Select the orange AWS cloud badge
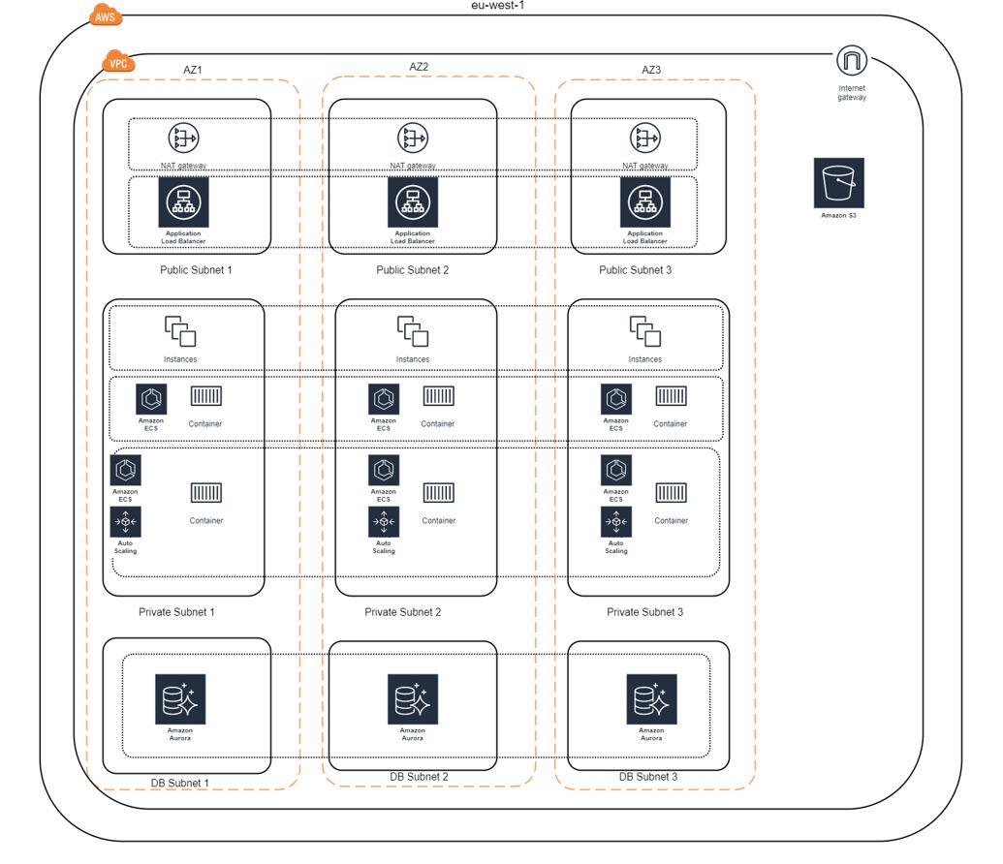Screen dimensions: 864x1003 pyautogui.click(x=106, y=16)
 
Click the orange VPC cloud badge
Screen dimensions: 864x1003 pyautogui.click(x=118, y=64)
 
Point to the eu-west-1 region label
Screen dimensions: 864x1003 pyautogui.click(x=504, y=5)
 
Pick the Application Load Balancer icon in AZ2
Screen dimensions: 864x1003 pyautogui.click(x=413, y=202)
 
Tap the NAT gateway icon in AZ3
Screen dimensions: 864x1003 pyautogui.click(x=645, y=139)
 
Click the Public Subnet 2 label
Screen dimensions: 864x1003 pyautogui.click(x=413, y=270)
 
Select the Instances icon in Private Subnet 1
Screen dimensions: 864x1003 pyautogui.click(x=180, y=331)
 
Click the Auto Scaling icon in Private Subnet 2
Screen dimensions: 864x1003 pyautogui.click(x=384, y=521)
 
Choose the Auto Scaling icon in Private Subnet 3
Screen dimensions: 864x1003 pyautogui.click(x=616, y=521)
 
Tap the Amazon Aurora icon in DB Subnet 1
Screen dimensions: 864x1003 pyautogui.click(x=180, y=699)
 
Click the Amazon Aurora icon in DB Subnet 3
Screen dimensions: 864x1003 pyautogui.click(x=651, y=699)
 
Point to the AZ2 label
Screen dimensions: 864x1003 pyautogui.click(x=419, y=67)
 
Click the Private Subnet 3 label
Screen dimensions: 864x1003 pyautogui.click(x=644, y=612)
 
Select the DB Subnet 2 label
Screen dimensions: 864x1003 pyautogui.click(x=419, y=777)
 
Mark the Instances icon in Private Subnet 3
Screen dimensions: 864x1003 pyautogui.click(x=645, y=331)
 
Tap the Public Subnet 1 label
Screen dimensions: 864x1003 pyautogui.click(x=196, y=270)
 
